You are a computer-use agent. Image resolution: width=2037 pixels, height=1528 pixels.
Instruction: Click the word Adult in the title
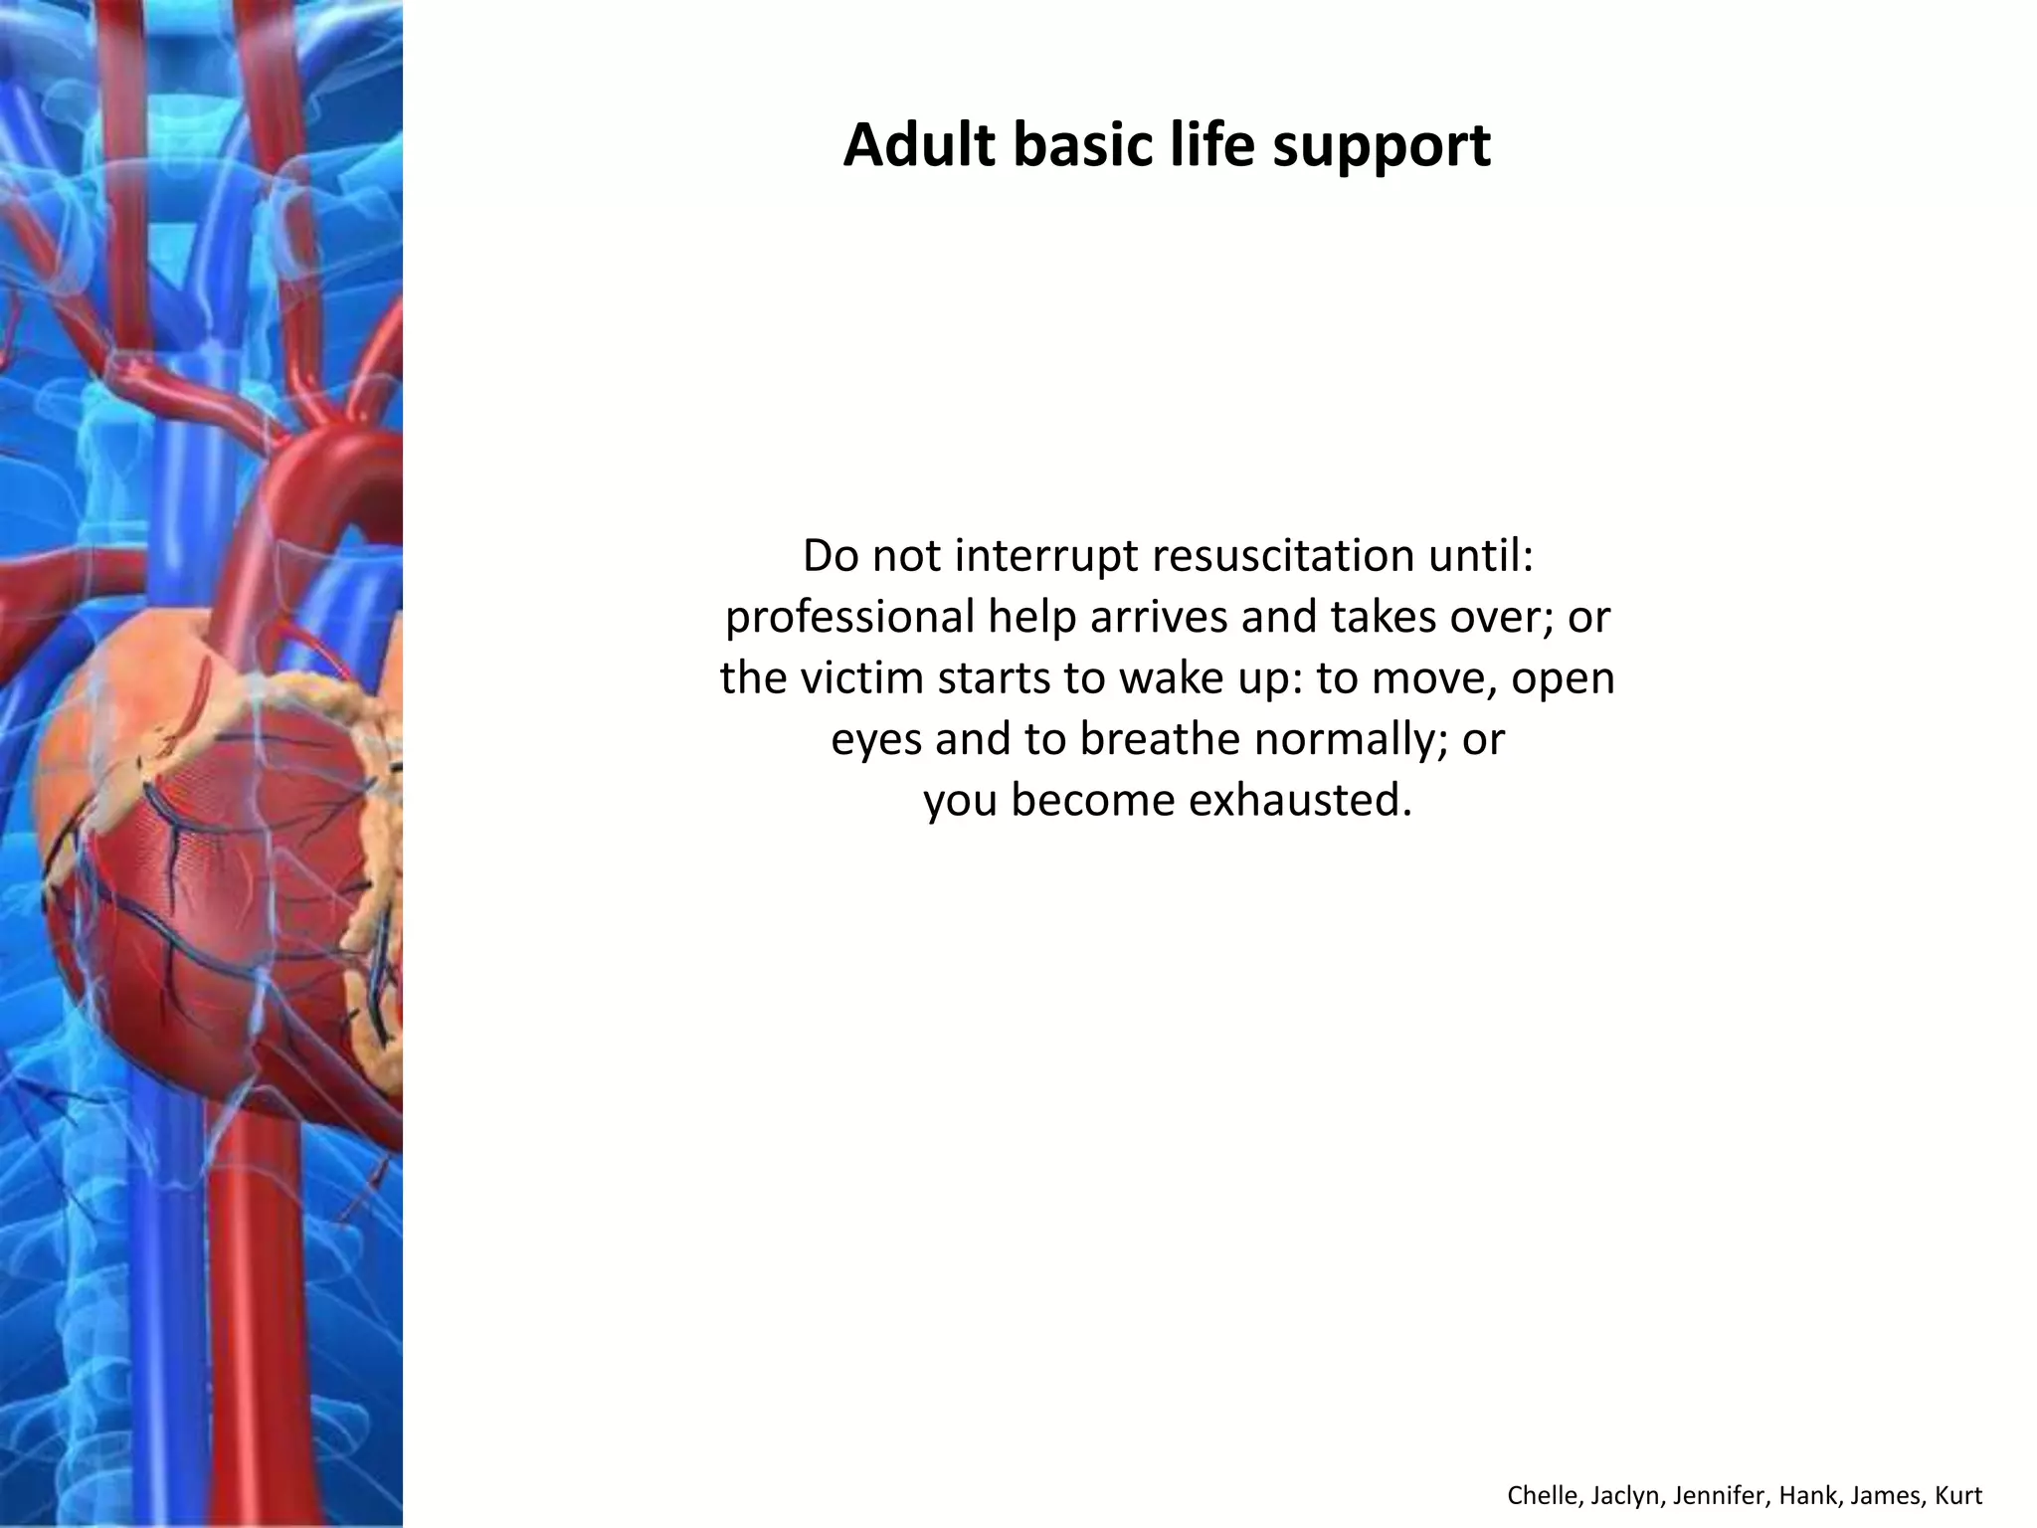(919, 145)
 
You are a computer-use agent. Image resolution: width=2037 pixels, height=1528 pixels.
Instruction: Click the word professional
(850, 619)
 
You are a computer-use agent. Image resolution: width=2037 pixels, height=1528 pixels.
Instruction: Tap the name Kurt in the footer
(1959, 1496)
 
